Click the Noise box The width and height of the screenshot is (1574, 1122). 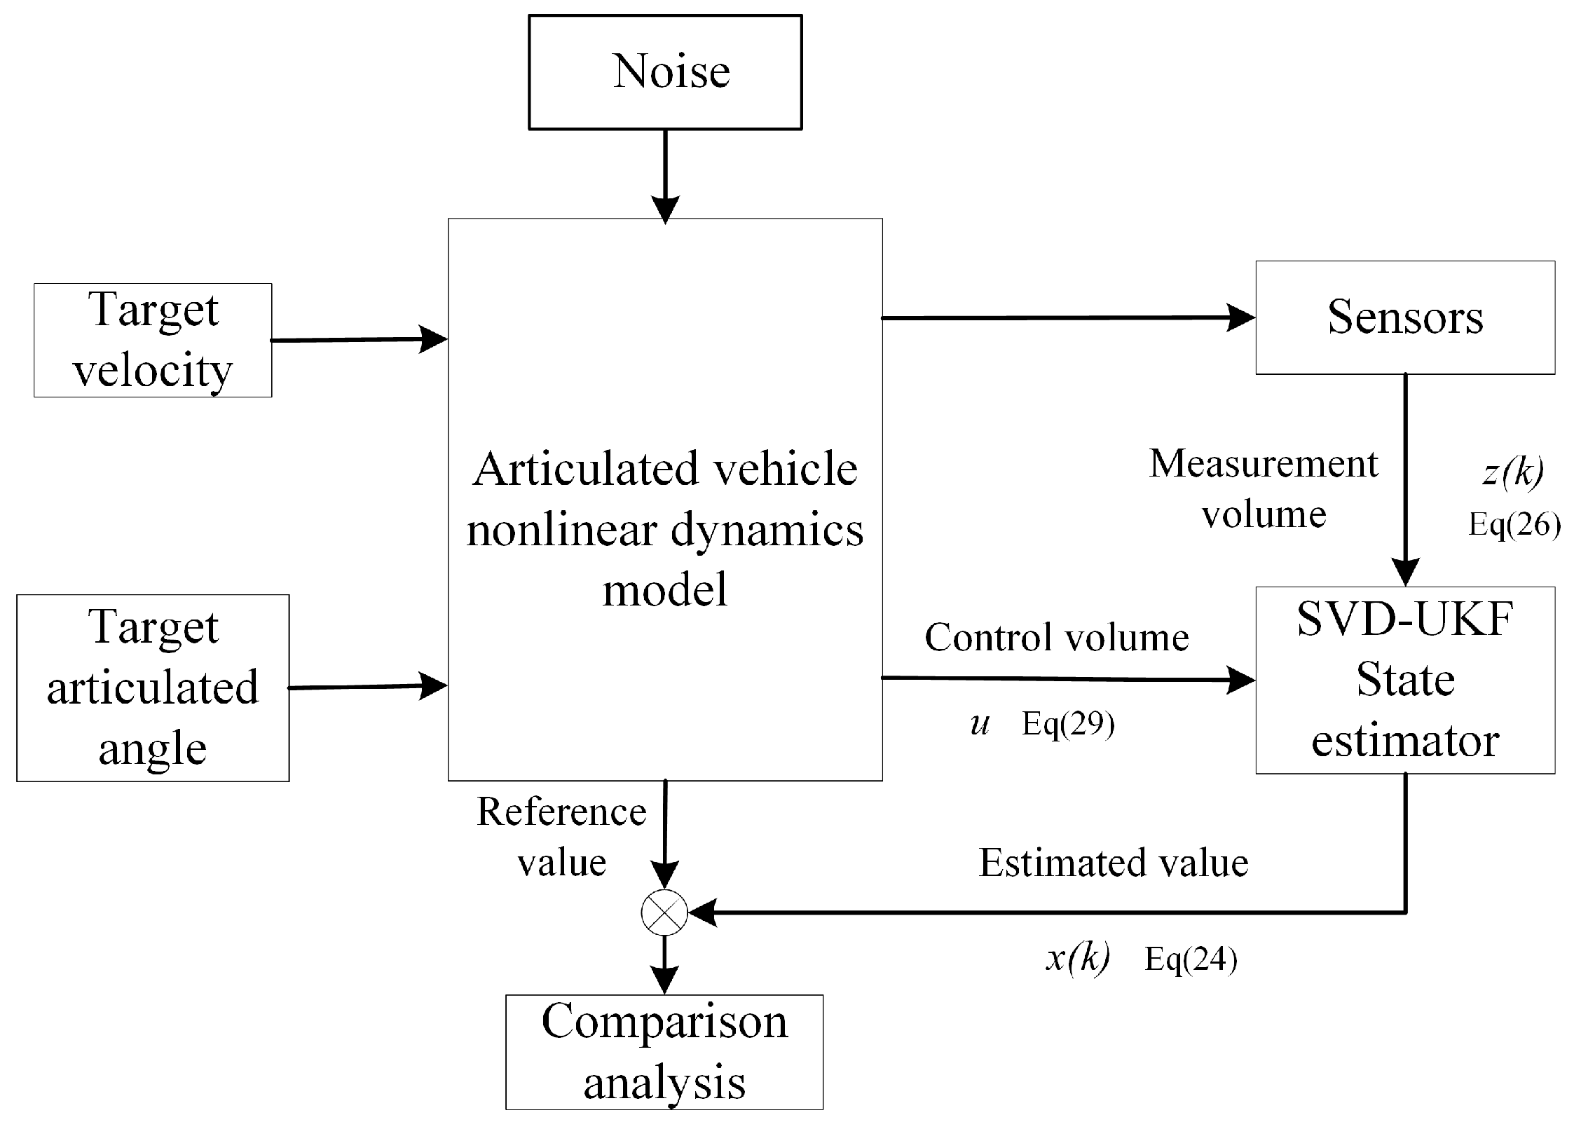click(664, 72)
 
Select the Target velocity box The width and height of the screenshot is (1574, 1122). click(153, 340)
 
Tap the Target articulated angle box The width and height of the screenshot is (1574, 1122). click(153, 687)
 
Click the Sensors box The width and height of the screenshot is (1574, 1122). click(1404, 317)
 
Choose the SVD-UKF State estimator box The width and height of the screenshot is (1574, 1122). click(1404, 680)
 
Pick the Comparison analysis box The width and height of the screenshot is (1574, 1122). click(664, 1051)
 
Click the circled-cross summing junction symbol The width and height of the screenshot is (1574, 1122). click(664, 912)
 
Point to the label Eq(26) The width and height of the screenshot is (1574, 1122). click(1514, 524)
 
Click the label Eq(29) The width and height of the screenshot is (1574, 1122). click(1068, 723)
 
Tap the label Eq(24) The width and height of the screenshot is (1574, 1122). click(1190, 959)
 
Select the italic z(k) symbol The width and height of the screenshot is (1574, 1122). click(1512, 472)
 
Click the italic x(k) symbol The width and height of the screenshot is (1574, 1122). click(1077, 957)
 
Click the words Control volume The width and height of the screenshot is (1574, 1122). click(1056, 638)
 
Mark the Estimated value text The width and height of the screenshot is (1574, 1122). click(1113, 863)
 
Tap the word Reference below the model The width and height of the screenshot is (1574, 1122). click(561, 812)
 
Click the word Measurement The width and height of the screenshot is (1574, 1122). click(1263, 464)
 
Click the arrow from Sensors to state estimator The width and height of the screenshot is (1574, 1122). click(1404, 480)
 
